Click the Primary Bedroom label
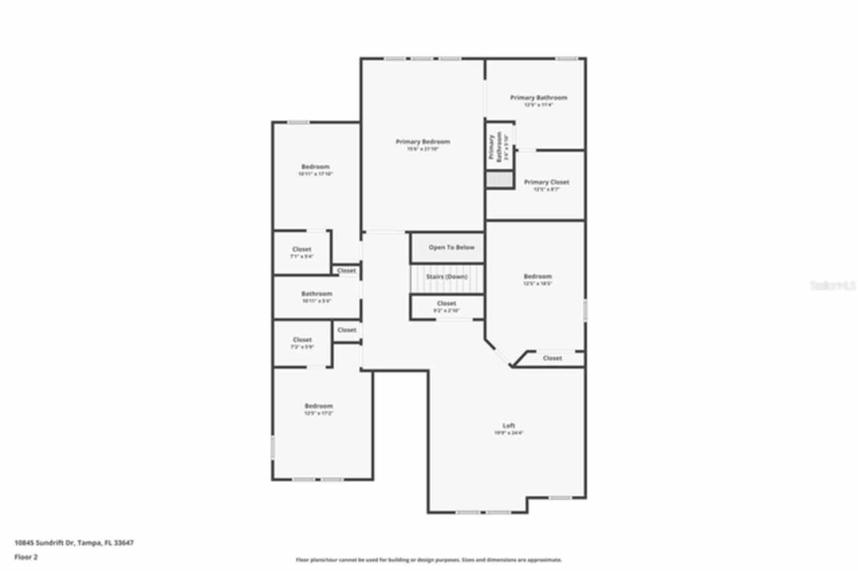tap(422, 141)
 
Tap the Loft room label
tap(509, 426)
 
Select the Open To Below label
tap(451, 247)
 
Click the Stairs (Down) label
tap(446, 276)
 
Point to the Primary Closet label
tap(546, 182)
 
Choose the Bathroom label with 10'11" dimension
tap(316, 294)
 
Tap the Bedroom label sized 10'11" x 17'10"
tap(315, 166)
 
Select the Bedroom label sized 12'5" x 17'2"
tap(318, 406)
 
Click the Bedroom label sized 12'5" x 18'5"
tap(538, 276)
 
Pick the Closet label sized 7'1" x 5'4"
tap(302, 249)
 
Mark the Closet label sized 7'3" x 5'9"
tap(302, 340)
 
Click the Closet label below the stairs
tap(446, 304)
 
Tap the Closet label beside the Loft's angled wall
tap(552, 358)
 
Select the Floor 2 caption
tap(25, 556)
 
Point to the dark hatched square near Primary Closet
tap(499, 180)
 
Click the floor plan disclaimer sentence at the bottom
tap(429, 560)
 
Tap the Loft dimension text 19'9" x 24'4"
tap(509, 433)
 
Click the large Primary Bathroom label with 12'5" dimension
tap(538, 98)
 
